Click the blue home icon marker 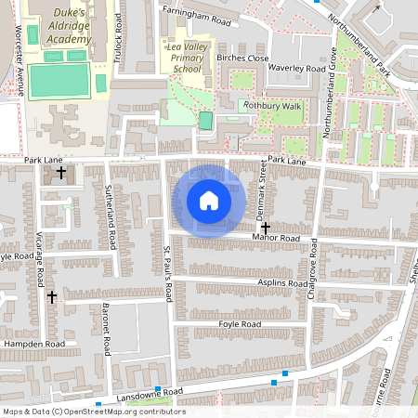[209, 201]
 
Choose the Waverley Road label [297, 68]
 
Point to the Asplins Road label [282, 282]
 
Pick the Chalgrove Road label [313, 269]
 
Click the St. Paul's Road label [168, 274]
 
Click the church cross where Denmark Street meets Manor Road [266, 227]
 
